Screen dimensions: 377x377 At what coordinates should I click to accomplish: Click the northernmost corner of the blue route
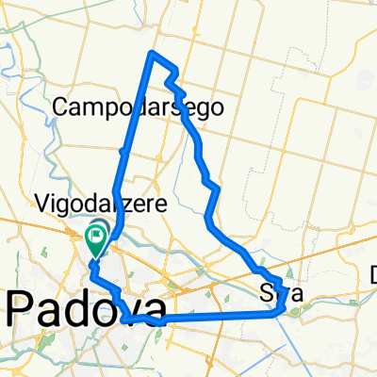[x=152, y=53]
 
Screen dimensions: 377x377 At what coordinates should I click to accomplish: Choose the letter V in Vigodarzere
[x=42, y=202]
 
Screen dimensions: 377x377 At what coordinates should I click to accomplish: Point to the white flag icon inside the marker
[x=98, y=232]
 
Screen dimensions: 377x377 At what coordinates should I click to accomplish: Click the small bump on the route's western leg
[x=123, y=151]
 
